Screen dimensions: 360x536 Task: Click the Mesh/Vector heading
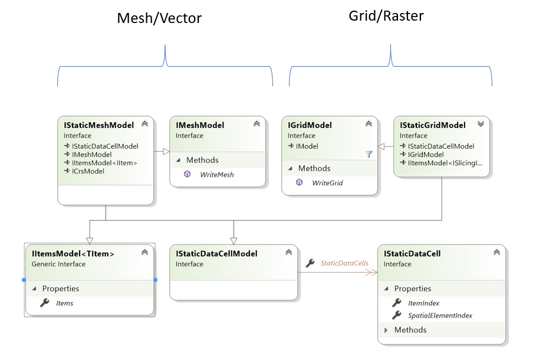(x=159, y=18)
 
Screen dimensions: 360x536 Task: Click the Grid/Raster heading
(x=386, y=16)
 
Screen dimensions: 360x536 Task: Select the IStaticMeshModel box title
(x=98, y=125)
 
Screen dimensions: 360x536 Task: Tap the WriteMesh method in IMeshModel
(x=216, y=174)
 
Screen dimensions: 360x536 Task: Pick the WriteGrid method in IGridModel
(x=327, y=183)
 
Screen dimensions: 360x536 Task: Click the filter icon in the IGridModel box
(x=369, y=154)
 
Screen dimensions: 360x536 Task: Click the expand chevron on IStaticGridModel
(x=481, y=125)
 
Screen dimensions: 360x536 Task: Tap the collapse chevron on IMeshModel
(x=257, y=125)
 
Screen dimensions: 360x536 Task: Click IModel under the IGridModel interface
(x=307, y=146)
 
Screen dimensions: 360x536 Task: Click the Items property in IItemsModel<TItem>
(x=64, y=303)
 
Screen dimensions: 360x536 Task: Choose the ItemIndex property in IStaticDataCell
(x=423, y=303)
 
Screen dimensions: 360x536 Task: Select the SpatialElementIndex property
(x=440, y=315)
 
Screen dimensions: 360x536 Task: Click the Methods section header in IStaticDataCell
(x=410, y=330)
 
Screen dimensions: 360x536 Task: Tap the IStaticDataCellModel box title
(x=216, y=254)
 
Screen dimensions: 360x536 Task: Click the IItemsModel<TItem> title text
(x=73, y=254)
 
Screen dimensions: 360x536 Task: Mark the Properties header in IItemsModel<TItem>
(x=60, y=289)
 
